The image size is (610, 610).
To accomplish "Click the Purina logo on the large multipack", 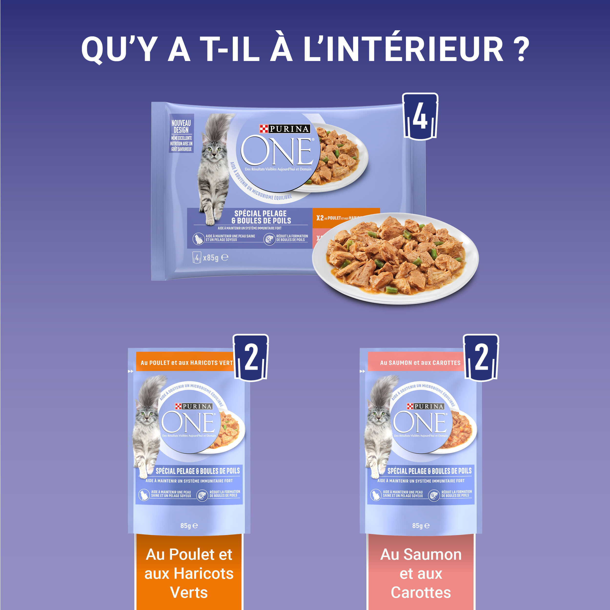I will (285, 129).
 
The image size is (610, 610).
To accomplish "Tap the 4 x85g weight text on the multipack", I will (210, 258).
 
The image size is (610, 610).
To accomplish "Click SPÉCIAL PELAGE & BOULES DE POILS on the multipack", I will (261, 217).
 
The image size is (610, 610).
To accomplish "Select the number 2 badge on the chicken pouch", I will (251, 358).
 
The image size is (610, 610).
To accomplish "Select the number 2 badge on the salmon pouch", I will (481, 358).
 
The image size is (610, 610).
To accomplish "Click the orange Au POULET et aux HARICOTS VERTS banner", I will (186, 363).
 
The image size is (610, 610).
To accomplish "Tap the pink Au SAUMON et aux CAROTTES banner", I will (420, 363).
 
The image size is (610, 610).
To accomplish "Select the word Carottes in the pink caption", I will (421, 592).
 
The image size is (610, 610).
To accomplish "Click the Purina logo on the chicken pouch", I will (193, 406).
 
